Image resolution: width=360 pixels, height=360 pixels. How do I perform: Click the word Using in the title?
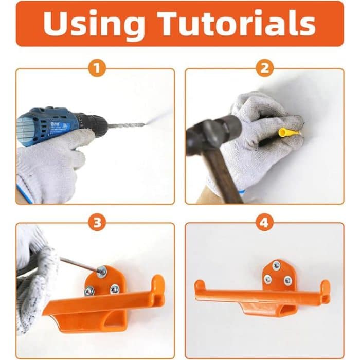coord(95,24)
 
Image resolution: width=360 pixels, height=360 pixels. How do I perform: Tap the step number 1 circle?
coord(96,67)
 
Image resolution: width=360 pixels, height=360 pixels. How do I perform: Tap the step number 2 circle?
coord(264,67)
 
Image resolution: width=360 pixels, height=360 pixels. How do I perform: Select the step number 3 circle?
coord(96,222)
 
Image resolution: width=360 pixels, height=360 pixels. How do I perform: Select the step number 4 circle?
coord(264,222)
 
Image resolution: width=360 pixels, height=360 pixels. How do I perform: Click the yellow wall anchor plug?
coord(289,132)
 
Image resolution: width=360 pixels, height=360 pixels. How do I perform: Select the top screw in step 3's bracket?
coord(102,271)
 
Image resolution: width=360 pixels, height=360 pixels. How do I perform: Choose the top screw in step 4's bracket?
coord(277,266)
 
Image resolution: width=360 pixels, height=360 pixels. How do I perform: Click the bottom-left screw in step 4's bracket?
coord(268,279)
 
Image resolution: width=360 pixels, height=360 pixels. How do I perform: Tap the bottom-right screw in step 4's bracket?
coord(287,280)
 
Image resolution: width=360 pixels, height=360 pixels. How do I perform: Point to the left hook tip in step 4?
coord(199,284)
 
